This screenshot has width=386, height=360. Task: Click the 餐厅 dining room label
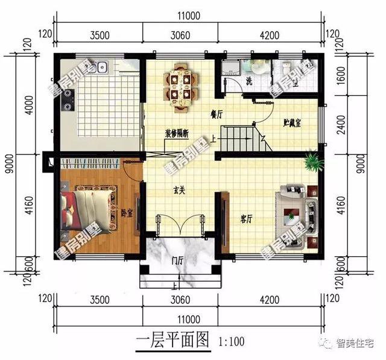pyautogui.click(x=217, y=113)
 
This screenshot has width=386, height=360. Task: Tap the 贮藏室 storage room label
pyautogui.click(x=292, y=122)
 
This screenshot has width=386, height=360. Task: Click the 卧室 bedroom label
pyautogui.click(x=126, y=212)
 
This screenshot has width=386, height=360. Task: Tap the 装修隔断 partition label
pyautogui.click(x=177, y=134)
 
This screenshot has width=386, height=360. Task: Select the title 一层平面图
pyautogui.click(x=172, y=341)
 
